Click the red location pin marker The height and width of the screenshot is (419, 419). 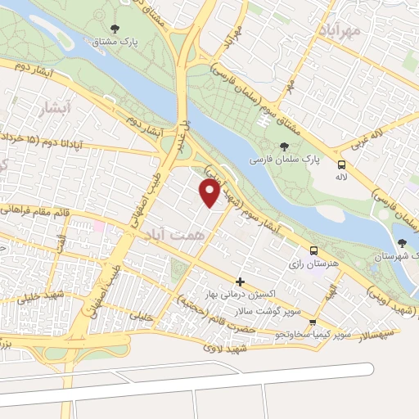[x=210, y=192]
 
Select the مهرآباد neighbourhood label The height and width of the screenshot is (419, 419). [x=336, y=31]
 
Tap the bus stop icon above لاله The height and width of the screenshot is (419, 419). [x=341, y=164]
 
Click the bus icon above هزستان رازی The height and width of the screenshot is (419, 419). [x=313, y=251]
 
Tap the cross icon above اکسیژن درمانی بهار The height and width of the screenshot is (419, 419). [x=240, y=282]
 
